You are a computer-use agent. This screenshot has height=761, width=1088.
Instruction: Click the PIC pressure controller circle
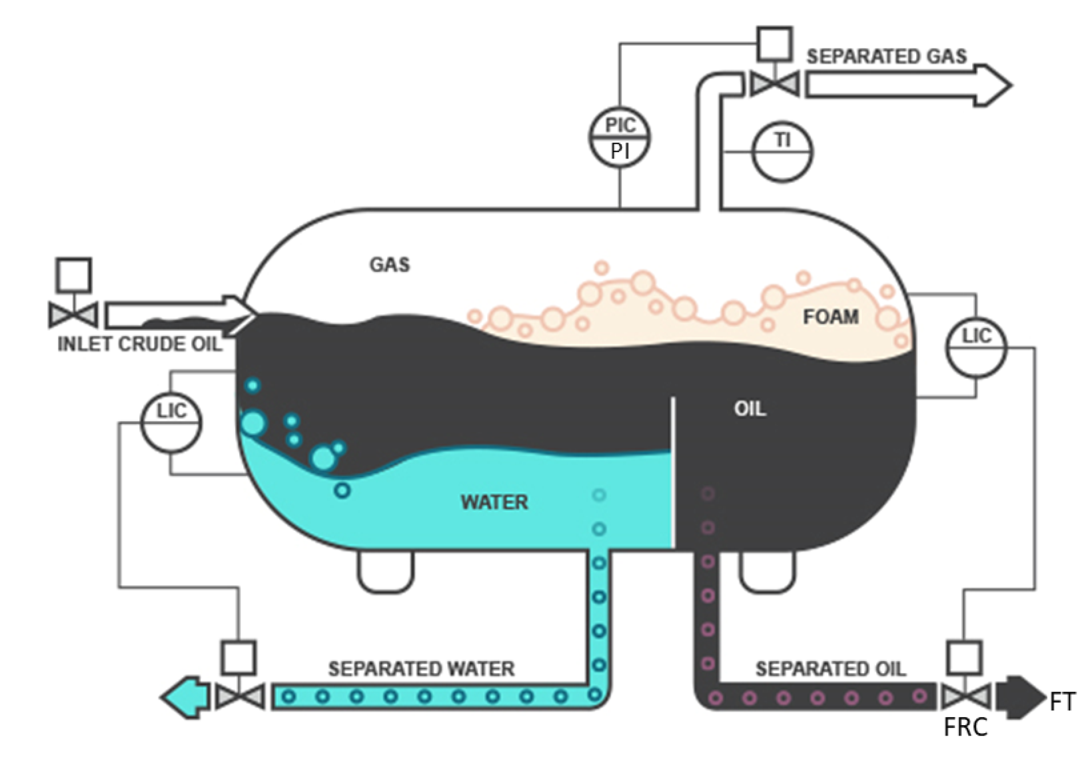[x=620, y=138]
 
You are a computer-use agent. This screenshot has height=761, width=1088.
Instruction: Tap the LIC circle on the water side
[x=171, y=423]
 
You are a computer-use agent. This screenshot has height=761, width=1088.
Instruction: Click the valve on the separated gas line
[x=775, y=85]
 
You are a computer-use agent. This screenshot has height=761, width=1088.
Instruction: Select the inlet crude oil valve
[x=73, y=315]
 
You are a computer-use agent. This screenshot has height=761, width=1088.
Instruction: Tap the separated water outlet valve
[x=239, y=696]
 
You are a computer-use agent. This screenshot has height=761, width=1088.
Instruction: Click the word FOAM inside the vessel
[x=830, y=317]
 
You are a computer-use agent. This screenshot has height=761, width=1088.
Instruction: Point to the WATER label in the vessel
[x=494, y=502]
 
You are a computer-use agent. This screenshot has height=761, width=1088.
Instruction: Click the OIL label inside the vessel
[x=750, y=408]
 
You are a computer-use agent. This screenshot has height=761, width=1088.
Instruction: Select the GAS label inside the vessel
[x=390, y=265]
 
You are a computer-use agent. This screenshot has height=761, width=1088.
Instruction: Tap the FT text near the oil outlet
[x=1062, y=702]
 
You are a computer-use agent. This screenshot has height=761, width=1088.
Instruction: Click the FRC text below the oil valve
[x=965, y=728]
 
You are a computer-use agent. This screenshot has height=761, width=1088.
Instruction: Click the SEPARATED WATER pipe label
[x=421, y=668]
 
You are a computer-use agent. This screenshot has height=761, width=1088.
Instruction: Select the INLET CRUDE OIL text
[x=139, y=344]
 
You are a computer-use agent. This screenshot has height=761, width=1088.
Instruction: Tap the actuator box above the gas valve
[x=775, y=44]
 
